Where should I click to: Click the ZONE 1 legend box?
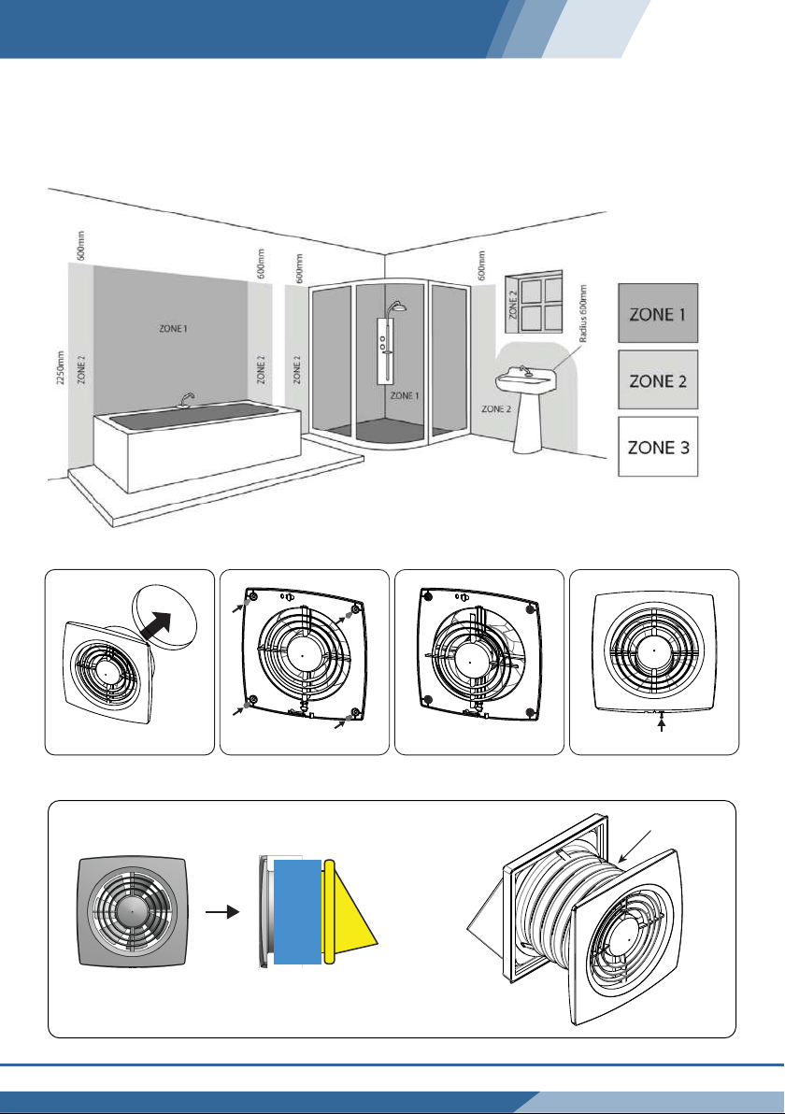point(659,313)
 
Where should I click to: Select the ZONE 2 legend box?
point(659,380)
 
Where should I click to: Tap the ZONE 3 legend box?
point(659,448)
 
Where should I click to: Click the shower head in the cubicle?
point(399,309)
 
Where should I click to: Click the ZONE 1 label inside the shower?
point(405,395)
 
